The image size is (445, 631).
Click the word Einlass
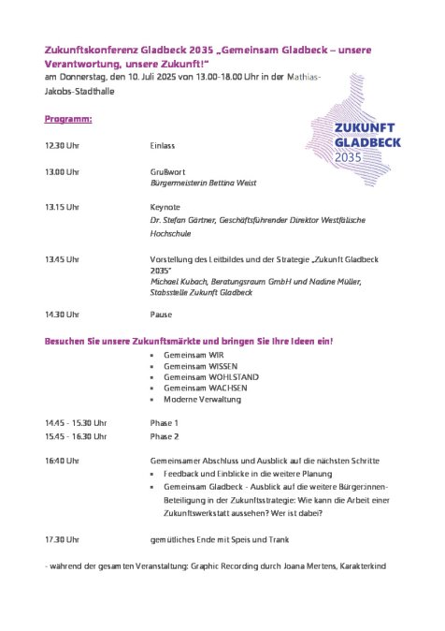click(163, 147)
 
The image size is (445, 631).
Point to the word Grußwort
click(166, 172)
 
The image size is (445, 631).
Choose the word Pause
click(162, 315)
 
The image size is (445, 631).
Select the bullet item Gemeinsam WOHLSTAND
click(198, 377)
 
